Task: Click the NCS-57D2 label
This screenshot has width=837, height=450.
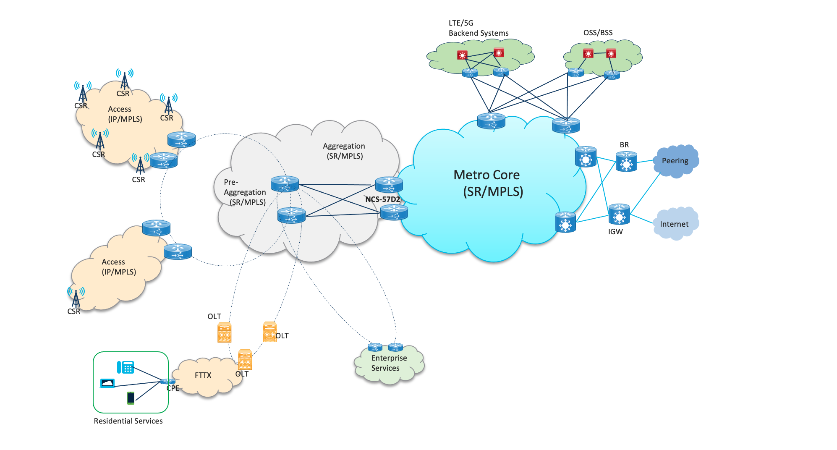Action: tap(382, 199)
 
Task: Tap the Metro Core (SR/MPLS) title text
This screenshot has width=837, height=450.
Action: tap(488, 183)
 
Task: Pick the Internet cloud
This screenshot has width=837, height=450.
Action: tap(674, 224)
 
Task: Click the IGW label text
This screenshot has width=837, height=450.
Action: tap(615, 231)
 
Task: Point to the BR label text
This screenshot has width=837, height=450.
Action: tap(624, 145)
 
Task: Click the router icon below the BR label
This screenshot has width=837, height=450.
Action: tap(626, 162)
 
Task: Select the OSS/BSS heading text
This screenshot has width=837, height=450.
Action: tap(598, 33)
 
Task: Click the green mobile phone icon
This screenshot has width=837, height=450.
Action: tap(131, 398)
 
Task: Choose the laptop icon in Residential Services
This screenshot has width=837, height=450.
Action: tap(107, 383)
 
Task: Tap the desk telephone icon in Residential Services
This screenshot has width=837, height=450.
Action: tap(126, 367)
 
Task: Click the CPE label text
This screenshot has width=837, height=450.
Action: tap(173, 388)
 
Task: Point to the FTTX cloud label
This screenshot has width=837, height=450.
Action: tap(203, 375)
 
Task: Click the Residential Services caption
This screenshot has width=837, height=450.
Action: tap(128, 421)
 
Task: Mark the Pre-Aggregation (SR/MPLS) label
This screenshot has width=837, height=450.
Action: tap(245, 192)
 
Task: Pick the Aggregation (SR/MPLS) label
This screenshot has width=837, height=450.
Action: tap(344, 151)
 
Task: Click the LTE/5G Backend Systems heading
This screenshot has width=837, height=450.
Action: tap(478, 28)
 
